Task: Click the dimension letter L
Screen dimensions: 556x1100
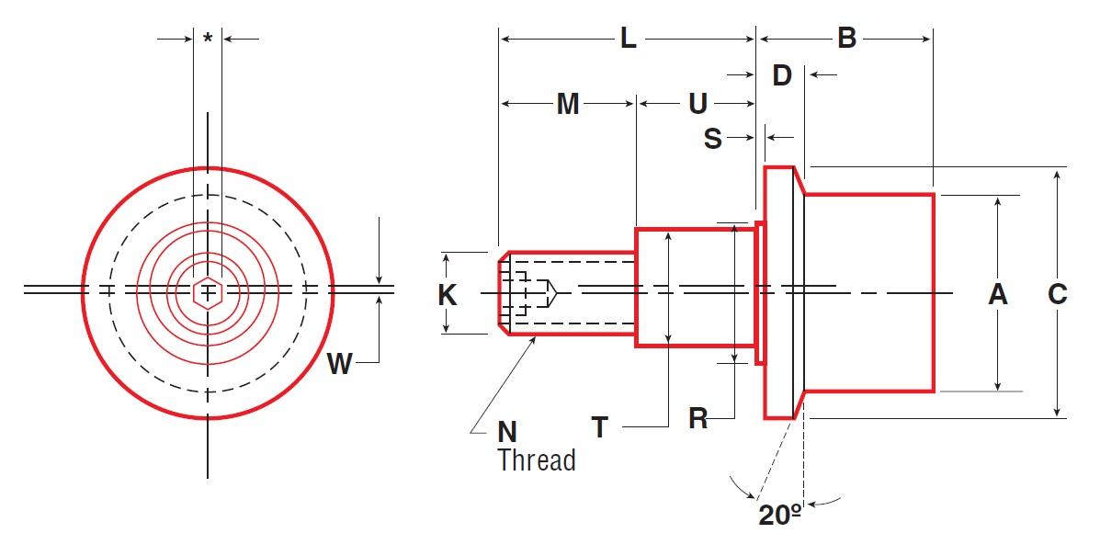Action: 628,39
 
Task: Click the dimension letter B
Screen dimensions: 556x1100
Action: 846,39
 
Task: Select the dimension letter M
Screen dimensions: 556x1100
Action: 568,105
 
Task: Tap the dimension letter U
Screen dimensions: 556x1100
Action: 698,105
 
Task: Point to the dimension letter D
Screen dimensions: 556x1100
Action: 782,75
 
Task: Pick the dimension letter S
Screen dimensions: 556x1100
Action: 713,139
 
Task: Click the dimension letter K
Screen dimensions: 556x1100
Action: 448,295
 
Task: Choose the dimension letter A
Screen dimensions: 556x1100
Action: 997,295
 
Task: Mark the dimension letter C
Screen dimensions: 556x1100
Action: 1058,295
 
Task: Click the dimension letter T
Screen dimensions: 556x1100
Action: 600,427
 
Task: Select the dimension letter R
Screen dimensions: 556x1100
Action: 698,419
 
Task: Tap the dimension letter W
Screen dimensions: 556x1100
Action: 340,365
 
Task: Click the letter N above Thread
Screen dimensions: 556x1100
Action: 507,431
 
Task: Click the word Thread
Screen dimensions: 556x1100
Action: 537,460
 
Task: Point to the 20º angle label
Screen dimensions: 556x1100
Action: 780,515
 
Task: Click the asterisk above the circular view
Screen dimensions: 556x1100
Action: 209,39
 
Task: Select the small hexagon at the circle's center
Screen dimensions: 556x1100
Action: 209,292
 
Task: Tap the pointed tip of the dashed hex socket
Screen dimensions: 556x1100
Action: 557,292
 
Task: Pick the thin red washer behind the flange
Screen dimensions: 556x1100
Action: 760,292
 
